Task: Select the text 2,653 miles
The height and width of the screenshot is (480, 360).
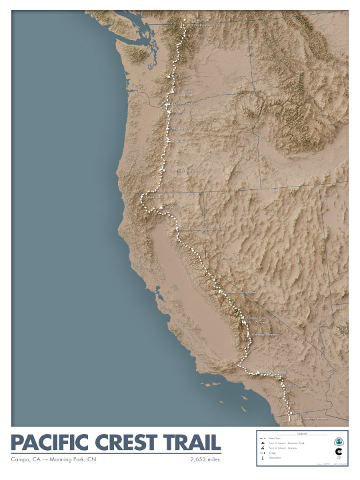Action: (205, 459)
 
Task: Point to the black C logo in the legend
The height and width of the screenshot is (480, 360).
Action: (338, 453)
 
